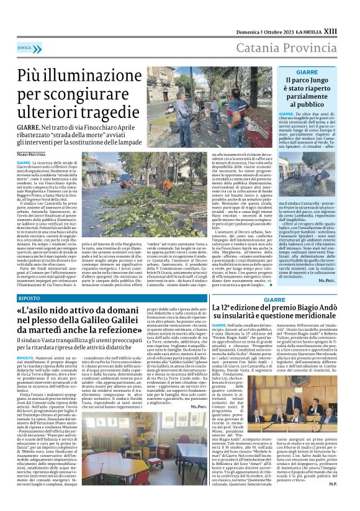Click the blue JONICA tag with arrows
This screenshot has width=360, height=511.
tap(25, 47)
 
